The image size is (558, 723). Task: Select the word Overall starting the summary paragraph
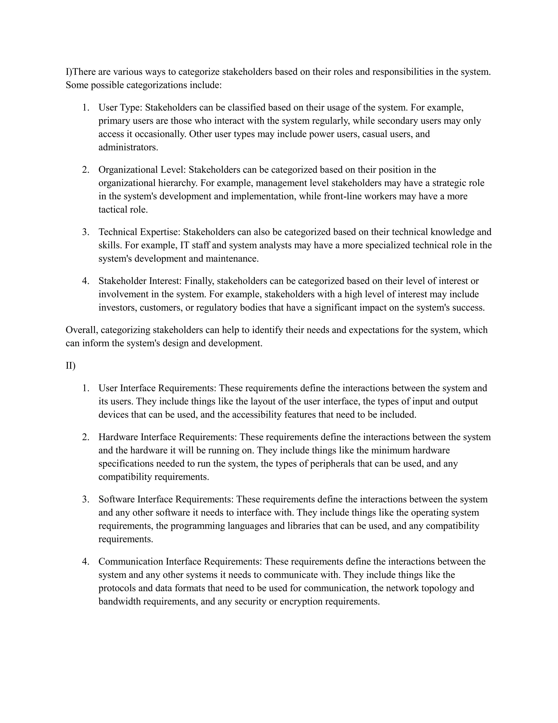82,330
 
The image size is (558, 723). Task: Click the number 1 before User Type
86,107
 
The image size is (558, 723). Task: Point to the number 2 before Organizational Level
86,170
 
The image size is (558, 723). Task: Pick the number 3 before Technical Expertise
86,232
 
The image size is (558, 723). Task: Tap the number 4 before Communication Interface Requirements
86,562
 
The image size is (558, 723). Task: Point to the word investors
118,308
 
